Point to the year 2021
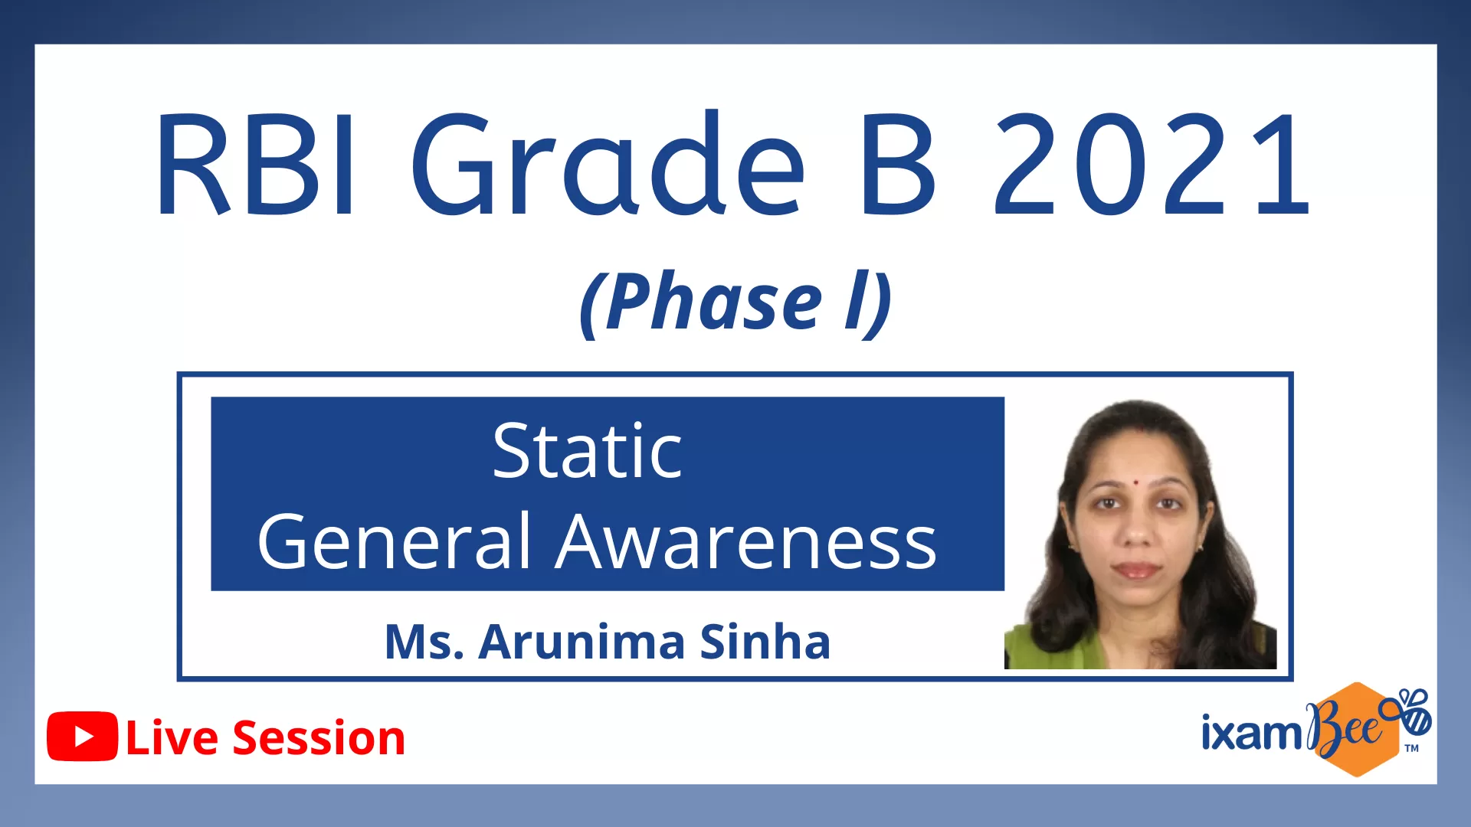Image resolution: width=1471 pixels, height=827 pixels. pos(1152,163)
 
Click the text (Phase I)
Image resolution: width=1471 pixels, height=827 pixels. pos(735,303)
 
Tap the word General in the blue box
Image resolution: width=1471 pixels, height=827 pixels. pos(395,541)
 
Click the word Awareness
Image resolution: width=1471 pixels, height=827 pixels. pos(746,541)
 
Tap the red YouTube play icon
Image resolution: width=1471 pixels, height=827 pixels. pos(83,737)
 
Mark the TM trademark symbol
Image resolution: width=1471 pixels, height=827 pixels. pos(1412,748)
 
